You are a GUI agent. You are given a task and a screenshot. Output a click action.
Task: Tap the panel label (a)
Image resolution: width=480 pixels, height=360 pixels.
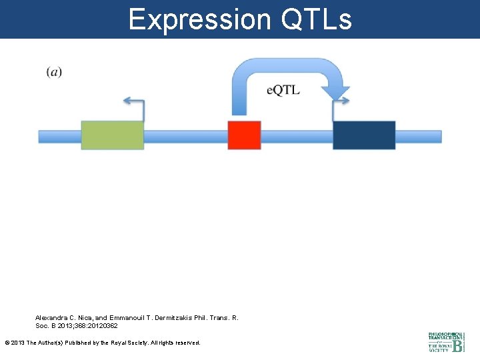[55, 72]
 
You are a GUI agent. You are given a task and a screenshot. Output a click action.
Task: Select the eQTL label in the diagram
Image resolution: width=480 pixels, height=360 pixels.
[283, 90]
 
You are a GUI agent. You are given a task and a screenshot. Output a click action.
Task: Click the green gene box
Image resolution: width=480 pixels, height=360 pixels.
[112, 135]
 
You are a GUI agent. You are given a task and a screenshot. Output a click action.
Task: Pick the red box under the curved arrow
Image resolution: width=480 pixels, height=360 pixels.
[244, 135]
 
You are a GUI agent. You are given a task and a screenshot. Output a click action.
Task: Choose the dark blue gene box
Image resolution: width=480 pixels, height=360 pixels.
[364, 135]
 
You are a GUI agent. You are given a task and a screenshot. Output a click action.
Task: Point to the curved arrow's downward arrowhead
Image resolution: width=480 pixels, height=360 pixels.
[335, 93]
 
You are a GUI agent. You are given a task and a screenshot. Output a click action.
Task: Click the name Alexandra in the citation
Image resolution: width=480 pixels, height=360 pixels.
[52, 318]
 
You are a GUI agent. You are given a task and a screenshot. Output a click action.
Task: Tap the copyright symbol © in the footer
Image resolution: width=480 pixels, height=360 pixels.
[7, 343]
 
